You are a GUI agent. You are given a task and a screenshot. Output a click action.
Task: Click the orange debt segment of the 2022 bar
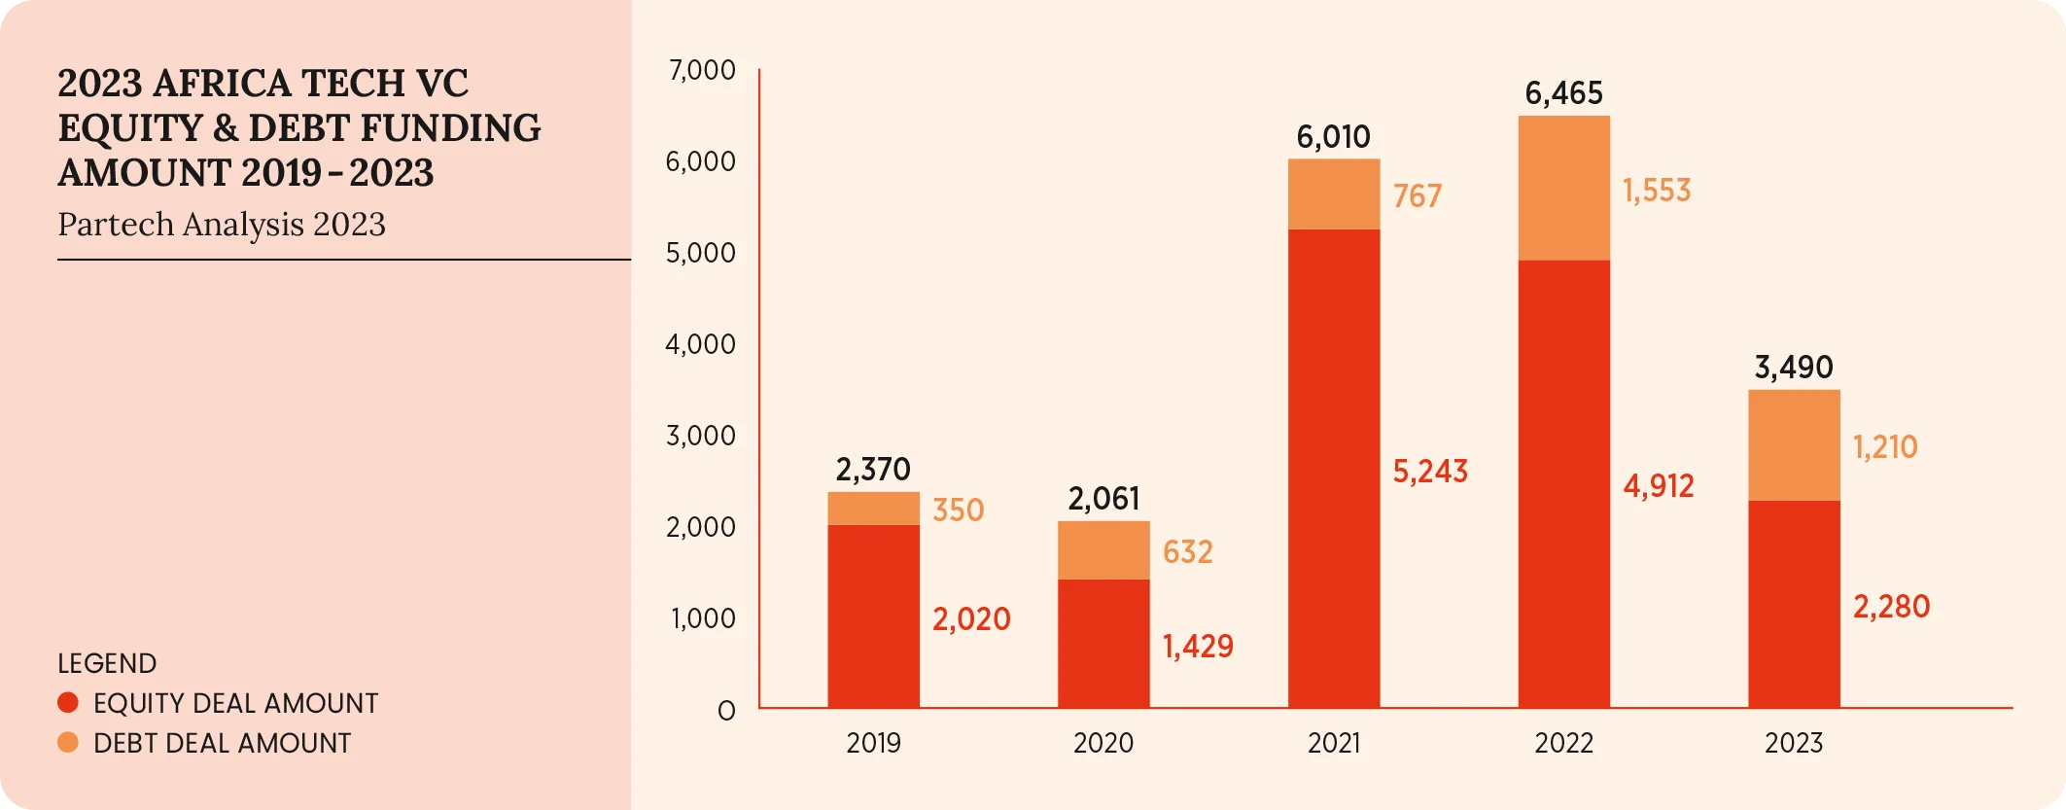[x=1563, y=188]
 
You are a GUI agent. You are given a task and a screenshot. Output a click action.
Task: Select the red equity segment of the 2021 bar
[x=1333, y=468]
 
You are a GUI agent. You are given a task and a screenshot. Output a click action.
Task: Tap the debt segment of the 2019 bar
[x=873, y=509]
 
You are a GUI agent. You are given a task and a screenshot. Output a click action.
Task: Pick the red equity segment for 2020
[x=1103, y=643]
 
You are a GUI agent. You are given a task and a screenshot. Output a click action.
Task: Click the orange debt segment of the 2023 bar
[x=1794, y=445]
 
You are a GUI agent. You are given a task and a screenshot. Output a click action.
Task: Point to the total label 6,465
[x=1563, y=93]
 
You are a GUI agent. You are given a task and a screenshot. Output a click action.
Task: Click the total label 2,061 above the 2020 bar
[x=1103, y=499]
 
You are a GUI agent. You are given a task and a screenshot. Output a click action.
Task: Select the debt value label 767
[x=1417, y=196]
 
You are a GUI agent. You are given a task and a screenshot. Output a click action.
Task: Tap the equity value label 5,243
[x=1429, y=472]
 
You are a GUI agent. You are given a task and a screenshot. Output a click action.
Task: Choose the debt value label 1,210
[x=1884, y=447]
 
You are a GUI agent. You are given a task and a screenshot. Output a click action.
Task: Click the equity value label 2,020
[x=970, y=619]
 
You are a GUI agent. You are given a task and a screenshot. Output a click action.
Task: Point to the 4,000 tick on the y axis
[x=700, y=344]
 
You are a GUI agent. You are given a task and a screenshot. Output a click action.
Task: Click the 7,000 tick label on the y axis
[x=700, y=70]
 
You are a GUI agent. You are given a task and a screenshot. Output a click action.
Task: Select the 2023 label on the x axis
[x=1794, y=744]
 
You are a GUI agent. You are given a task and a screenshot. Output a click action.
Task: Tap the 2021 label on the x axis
[x=1333, y=744]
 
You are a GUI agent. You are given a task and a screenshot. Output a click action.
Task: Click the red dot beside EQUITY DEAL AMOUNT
[x=68, y=703]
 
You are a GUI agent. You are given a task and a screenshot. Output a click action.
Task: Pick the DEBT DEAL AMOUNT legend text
[x=222, y=744]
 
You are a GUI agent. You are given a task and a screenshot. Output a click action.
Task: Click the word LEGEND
[x=107, y=664]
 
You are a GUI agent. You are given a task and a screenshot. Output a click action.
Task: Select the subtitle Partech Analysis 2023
[x=222, y=225]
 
